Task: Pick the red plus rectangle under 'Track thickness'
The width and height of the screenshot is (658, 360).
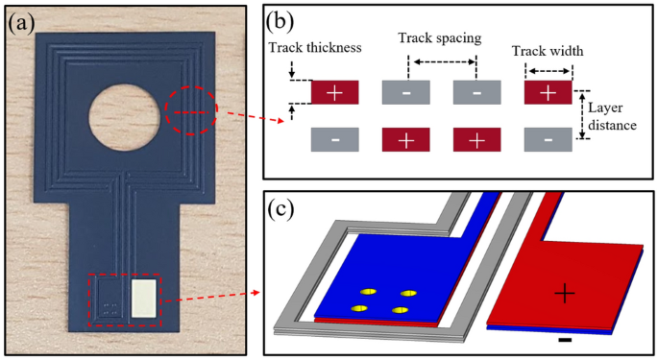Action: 334,93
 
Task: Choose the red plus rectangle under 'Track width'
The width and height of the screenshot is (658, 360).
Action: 548,93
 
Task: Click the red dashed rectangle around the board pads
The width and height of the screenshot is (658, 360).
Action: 127,300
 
